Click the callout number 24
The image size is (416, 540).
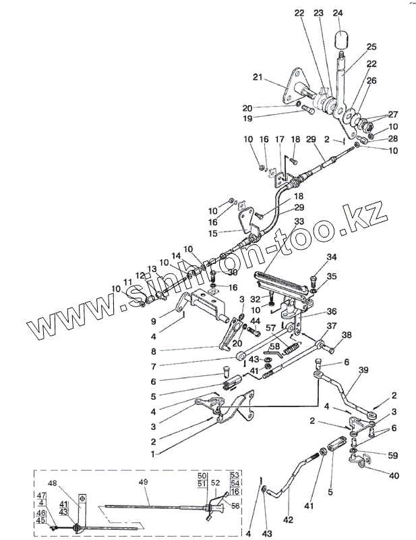[x=338, y=13]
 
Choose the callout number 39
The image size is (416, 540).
[x=363, y=371]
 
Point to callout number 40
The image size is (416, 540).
[x=393, y=476]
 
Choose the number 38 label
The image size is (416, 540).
[x=347, y=335]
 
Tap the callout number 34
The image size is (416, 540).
[x=331, y=257]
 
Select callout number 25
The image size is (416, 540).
[x=371, y=47]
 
